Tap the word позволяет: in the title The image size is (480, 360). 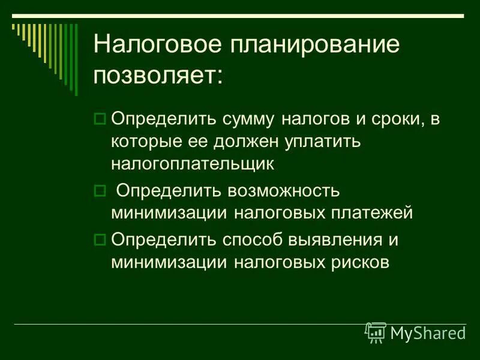click(x=158, y=76)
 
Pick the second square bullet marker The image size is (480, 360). click(x=100, y=190)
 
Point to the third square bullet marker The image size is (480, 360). click(x=100, y=239)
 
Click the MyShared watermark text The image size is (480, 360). click(x=428, y=332)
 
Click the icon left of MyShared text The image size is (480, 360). click(x=376, y=332)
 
